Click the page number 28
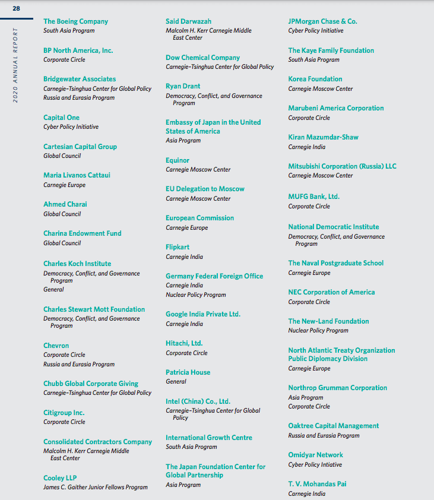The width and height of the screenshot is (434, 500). (x=16, y=8)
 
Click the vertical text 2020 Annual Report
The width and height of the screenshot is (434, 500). (x=15, y=65)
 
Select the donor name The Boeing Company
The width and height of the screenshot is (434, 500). (x=75, y=21)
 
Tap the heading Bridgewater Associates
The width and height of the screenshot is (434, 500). (x=80, y=79)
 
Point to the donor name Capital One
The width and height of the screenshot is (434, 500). (x=61, y=118)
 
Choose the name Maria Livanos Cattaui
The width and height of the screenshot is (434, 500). (x=77, y=175)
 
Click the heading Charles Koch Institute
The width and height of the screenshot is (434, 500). (x=77, y=264)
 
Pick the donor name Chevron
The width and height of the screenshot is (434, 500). (x=56, y=346)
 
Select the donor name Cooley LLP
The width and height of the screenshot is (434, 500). (x=60, y=478)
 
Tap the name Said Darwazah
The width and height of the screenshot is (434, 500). (x=188, y=21)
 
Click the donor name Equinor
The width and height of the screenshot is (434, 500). (x=178, y=160)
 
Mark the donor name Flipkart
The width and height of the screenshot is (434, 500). (x=178, y=247)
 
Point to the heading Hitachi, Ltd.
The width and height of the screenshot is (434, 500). (x=184, y=343)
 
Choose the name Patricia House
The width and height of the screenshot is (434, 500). (x=188, y=372)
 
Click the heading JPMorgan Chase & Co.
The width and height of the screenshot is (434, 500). (x=322, y=21)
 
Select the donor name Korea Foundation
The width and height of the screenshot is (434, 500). (x=315, y=79)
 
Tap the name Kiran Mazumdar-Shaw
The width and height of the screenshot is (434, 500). (x=323, y=137)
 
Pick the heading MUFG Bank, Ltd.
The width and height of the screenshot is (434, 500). (x=314, y=197)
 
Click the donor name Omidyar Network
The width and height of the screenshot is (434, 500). (x=316, y=455)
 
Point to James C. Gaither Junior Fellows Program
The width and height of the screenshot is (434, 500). (x=96, y=488)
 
